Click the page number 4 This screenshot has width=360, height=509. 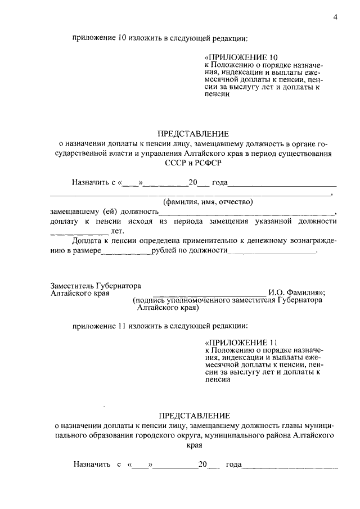(335, 17)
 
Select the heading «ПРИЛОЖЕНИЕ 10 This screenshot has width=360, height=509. (241, 57)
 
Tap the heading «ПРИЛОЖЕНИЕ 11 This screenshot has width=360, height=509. (241, 343)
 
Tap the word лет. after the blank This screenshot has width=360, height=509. (117, 231)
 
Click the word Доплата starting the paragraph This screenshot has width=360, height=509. (87, 241)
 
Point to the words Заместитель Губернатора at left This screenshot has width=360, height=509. (96, 285)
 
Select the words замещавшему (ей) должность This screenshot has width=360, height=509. (102, 212)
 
